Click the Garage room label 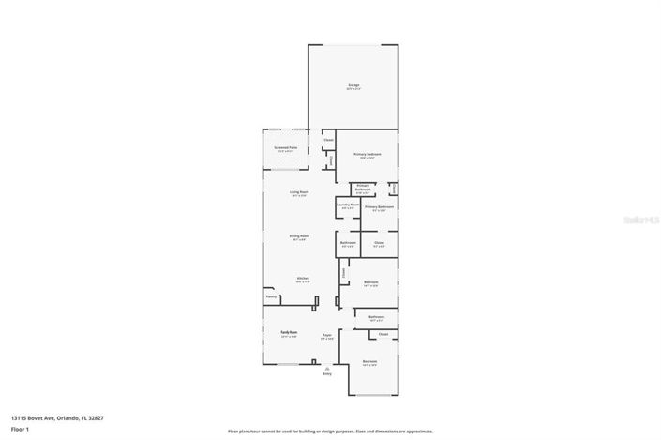(353, 85)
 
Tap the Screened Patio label (285, 148)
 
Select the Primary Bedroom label (367, 154)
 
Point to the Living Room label (298, 192)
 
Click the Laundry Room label (348, 204)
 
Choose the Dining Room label (298, 235)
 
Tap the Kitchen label (303, 278)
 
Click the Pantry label (271, 297)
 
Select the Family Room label (288, 332)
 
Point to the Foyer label (328, 335)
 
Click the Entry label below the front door (327, 373)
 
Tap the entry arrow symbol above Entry (327, 366)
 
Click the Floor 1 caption (19, 430)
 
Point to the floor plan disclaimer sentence (322, 431)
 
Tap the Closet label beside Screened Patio (328, 141)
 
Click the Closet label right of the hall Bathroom (379, 243)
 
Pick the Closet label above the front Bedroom (383, 333)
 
